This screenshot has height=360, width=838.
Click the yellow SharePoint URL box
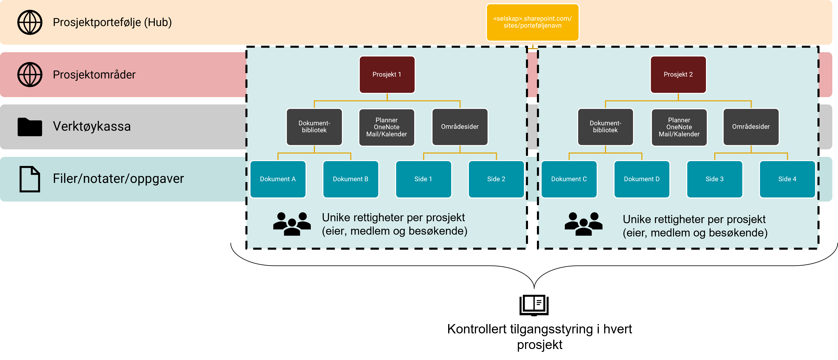point(532,22)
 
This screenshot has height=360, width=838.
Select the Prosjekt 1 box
point(387,75)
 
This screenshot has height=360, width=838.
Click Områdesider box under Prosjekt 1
point(460,127)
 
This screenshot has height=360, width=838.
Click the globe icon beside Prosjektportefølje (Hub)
point(30,22)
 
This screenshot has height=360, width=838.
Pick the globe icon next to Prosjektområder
point(30,75)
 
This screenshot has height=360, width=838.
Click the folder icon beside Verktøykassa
point(30,127)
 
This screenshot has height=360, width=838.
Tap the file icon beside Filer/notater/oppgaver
point(30,179)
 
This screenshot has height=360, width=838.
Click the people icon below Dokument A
point(292,224)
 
